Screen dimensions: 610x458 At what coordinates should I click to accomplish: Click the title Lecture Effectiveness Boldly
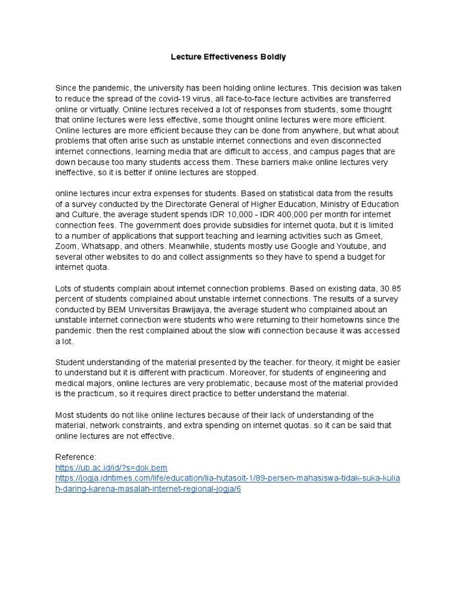[x=228, y=57]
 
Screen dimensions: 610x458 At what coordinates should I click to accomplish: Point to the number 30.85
[x=390, y=289]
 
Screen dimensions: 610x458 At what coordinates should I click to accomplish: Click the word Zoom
[x=67, y=247]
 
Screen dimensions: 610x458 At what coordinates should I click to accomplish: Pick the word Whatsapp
[x=102, y=247]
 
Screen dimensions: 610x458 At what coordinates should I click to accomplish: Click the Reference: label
[x=75, y=457]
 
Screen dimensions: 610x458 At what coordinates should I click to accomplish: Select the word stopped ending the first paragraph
[x=243, y=173]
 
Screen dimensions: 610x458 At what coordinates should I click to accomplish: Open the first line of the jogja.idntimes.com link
[x=228, y=478]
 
